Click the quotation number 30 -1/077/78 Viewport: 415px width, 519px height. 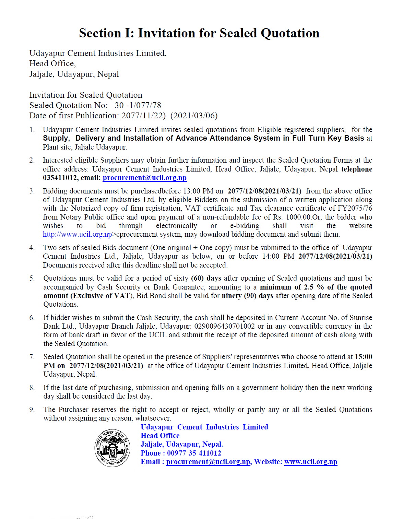pos(138,105)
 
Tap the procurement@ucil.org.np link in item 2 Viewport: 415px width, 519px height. pos(144,178)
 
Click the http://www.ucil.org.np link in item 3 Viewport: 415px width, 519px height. pos(78,234)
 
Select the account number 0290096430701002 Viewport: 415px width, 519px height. pos(224,326)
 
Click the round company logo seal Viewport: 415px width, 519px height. pos(112,448)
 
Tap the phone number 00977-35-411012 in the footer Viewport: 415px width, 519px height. pos(194,453)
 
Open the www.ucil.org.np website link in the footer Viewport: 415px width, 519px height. pos(311,462)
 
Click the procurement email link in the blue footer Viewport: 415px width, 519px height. pos(208,462)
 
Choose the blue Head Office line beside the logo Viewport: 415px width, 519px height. pos(160,436)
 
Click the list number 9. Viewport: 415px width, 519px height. pos(32,410)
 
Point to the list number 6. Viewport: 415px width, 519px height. pos(32,318)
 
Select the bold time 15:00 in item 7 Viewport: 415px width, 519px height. pos(363,357)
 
